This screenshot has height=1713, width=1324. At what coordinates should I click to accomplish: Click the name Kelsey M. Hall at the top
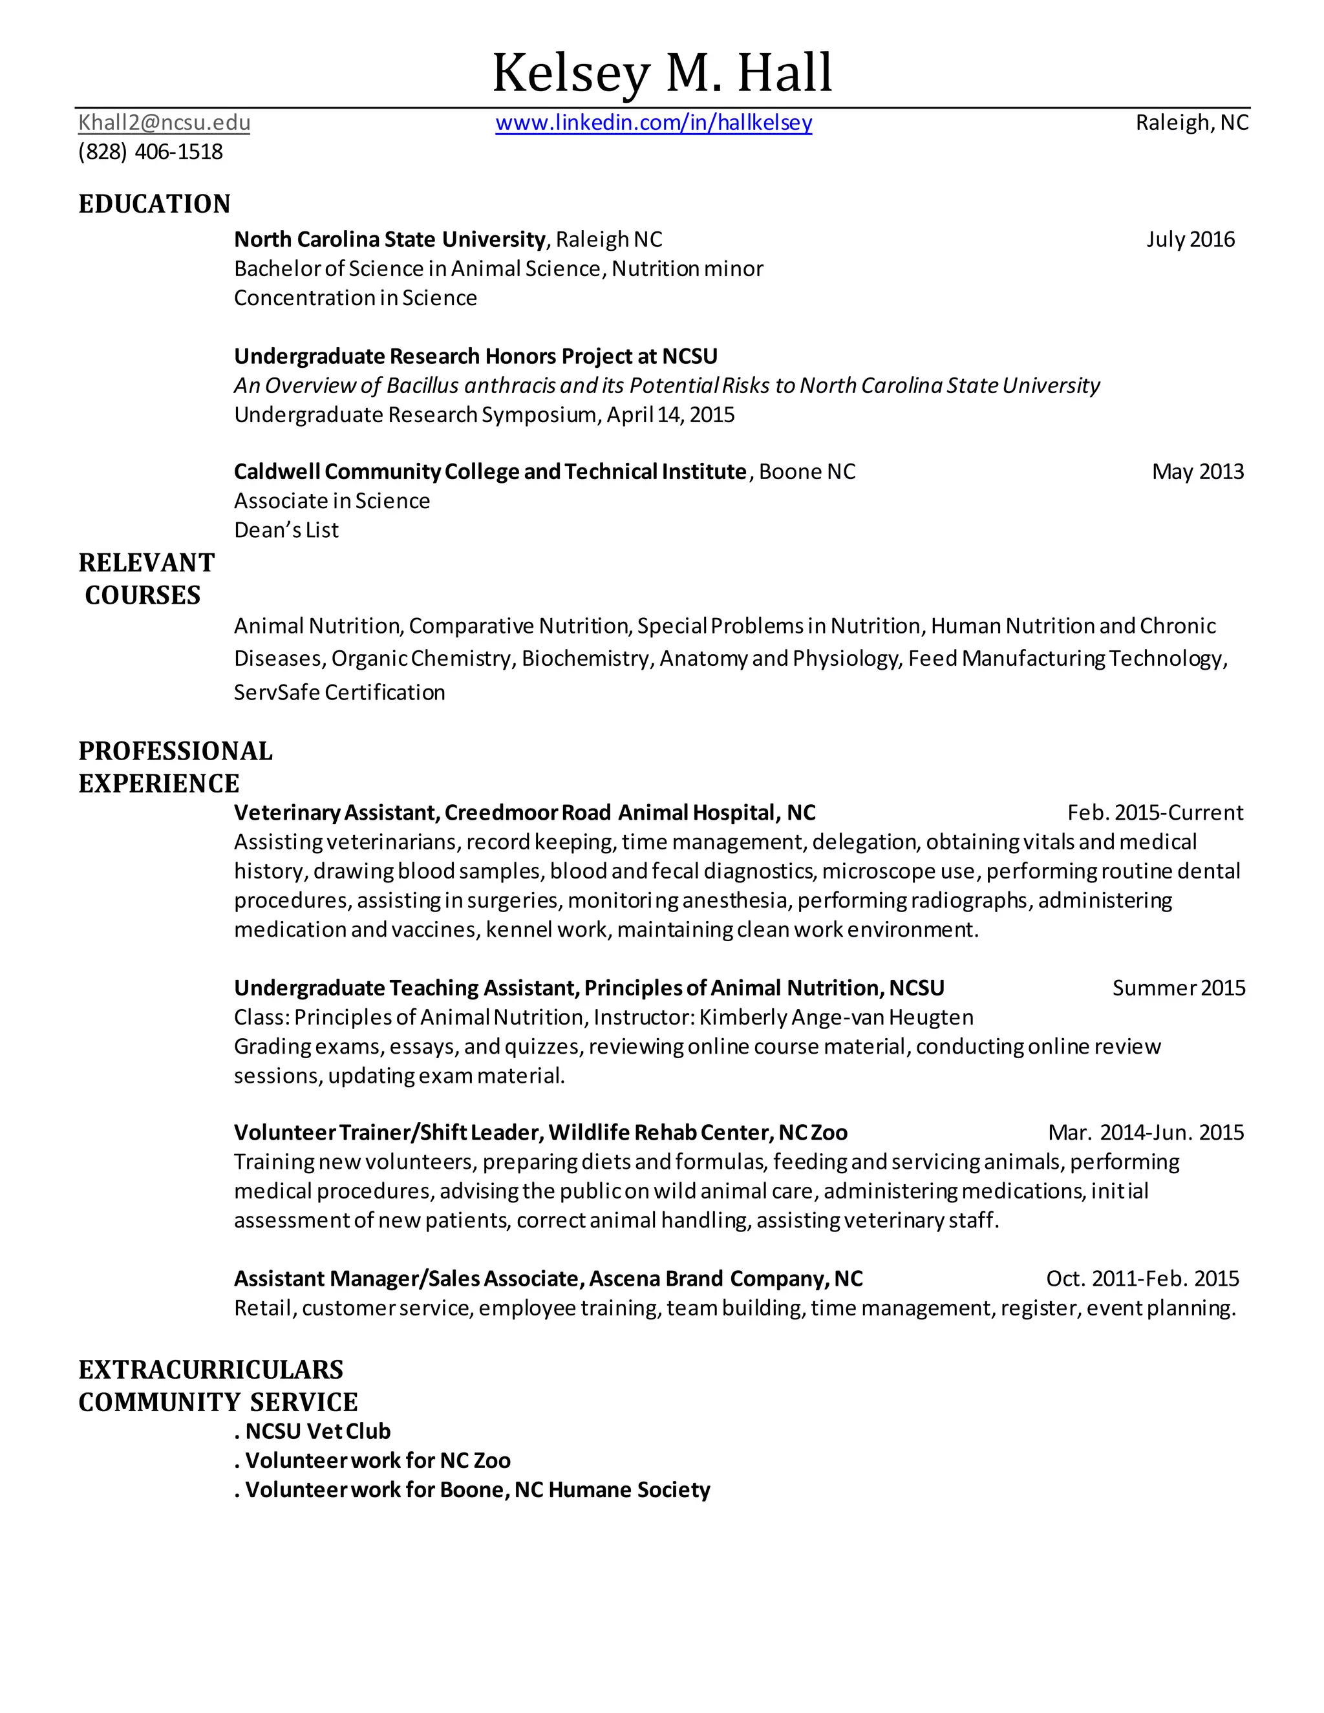[661, 72]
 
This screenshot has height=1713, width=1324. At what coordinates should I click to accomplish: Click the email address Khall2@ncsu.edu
[164, 123]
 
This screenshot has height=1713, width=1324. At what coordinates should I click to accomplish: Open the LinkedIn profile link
[654, 123]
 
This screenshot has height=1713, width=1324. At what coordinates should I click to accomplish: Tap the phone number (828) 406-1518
[151, 151]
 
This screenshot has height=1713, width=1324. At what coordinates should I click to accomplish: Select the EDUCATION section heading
[155, 204]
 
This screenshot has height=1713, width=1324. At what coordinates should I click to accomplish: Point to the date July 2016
[1190, 239]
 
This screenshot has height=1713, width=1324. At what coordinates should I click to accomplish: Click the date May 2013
[1197, 471]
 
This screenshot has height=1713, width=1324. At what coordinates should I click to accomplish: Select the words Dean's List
[286, 530]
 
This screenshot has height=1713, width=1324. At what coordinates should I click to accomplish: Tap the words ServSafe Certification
[339, 692]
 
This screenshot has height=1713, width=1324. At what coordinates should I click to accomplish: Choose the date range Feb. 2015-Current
[1155, 813]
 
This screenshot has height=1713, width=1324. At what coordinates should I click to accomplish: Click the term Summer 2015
[1178, 988]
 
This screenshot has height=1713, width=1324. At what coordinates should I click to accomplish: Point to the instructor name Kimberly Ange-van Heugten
[835, 1017]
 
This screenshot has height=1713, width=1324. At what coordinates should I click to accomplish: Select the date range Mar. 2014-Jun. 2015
[1145, 1133]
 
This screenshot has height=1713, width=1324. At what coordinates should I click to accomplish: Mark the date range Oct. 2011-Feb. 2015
[1142, 1279]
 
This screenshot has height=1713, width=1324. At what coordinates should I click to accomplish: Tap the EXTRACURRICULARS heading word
[211, 1370]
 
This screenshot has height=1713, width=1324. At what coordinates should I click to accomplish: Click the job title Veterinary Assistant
[335, 813]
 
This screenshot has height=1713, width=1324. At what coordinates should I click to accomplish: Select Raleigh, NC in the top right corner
[1191, 123]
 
